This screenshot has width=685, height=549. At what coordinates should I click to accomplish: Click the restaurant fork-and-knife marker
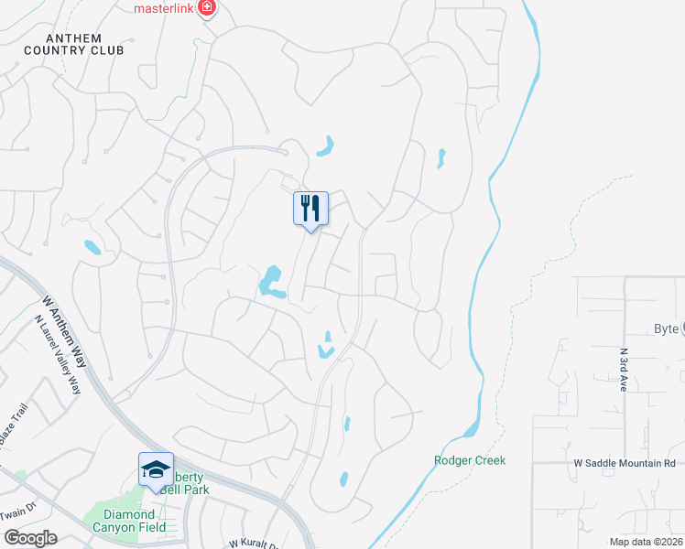pos(310,209)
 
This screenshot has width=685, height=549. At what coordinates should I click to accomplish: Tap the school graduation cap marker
pos(156,469)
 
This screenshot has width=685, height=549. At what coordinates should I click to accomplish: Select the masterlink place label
pos(166,8)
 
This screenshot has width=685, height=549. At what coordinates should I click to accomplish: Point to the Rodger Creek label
pos(470,460)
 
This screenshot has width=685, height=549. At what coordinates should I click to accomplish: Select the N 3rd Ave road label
pos(624,369)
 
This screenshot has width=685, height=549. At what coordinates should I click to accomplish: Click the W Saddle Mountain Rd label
pos(623,464)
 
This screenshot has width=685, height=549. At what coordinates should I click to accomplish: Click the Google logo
pos(29,538)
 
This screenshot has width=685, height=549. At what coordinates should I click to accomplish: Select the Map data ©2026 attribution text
pos(646,542)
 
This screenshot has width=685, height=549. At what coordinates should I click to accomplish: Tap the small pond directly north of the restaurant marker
pos(325,145)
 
